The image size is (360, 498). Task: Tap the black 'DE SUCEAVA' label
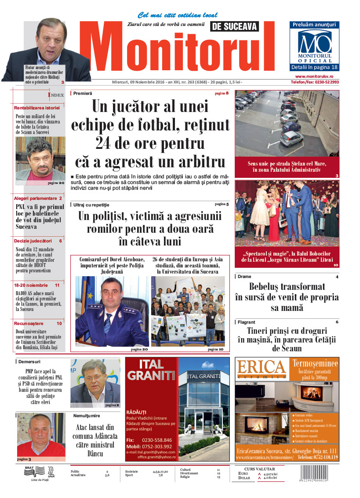pos(234,27)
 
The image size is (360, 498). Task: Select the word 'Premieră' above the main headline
pos(83,94)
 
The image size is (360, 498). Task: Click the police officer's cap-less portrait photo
pos(112,311)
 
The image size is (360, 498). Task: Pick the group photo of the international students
pos(188,311)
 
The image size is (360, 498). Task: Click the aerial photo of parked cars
pos(287,123)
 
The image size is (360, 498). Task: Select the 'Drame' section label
pos(244,277)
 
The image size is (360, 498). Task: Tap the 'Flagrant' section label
pos(246,322)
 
